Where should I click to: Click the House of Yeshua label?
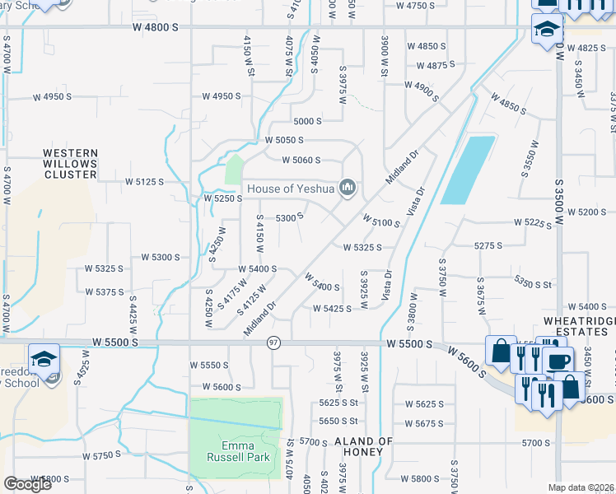click(x=292, y=189)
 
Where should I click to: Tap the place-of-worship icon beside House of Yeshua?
click(x=348, y=189)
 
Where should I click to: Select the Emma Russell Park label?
click(x=236, y=451)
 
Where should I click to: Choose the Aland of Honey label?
click(x=363, y=446)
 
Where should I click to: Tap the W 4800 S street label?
click(x=155, y=27)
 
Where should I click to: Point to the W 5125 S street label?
click(x=144, y=181)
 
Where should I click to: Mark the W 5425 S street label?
click(x=333, y=309)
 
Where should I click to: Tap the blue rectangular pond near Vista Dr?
click(x=468, y=170)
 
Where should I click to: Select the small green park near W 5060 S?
click(x=235, y=170)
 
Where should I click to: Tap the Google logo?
click(x=27, y=484)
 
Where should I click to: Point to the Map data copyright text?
click(x=581, y=487)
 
